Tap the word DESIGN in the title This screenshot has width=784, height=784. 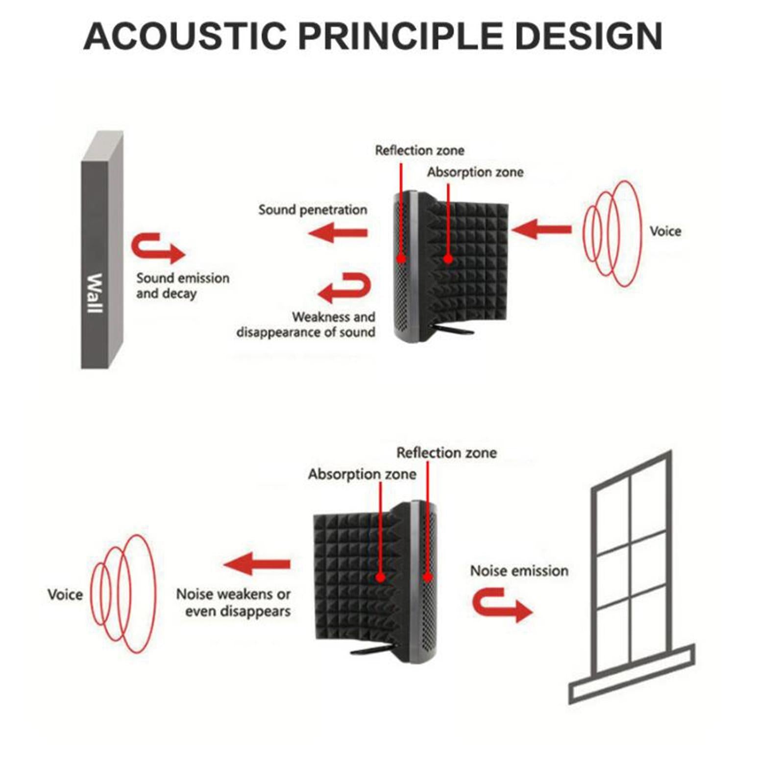click(588, 36)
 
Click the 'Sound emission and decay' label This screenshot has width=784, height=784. click(182, 286)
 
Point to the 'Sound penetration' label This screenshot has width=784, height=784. click(313, 210)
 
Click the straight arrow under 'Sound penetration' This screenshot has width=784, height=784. click(339, 232)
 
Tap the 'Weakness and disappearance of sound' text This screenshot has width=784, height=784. click(306, 324)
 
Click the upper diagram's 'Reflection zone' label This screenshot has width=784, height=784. click(419, 150)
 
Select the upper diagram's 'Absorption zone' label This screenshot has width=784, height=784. click(475, 172)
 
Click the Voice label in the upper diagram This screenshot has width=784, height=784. click(665, 231)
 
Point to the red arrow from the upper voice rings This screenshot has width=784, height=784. click(541, 229)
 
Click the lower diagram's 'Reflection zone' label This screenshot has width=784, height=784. click(446, 453)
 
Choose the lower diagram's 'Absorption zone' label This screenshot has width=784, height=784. click(362, 474)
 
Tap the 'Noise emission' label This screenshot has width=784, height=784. click(519, 571)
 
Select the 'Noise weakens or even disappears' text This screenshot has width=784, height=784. click(233, 603)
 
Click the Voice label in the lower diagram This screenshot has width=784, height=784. click(65, 595)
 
